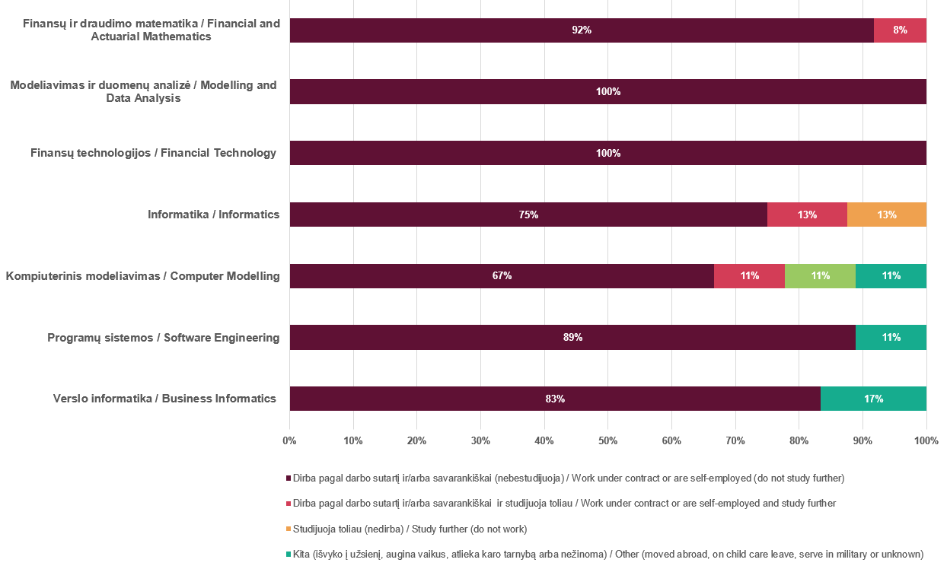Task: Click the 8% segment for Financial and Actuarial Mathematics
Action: coord(900,30)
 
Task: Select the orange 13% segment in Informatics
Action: coord(886,215)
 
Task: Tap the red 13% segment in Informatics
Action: coord(807,215)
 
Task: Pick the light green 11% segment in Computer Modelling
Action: coord(820,276)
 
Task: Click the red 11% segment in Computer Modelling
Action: coord(749,276)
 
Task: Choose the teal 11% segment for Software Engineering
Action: coord(891,338)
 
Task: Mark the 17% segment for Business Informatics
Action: coord(873,399)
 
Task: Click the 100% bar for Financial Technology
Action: coord(607,153)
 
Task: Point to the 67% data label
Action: coord(502,276)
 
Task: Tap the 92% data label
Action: coord(582,30)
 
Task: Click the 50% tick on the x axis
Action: coord(607,440)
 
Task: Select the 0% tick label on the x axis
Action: coord(289,440)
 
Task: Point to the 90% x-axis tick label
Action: coord(862,440)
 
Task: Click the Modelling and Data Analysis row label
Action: coord(143,91)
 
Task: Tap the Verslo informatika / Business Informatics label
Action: coord(164,399)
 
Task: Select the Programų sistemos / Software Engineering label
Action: coord(163,338)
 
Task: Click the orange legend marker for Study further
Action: coord(289,529)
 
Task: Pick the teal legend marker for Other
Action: coord(289,555)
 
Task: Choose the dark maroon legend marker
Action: coord(289,478)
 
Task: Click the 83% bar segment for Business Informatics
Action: coord(555,399)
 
